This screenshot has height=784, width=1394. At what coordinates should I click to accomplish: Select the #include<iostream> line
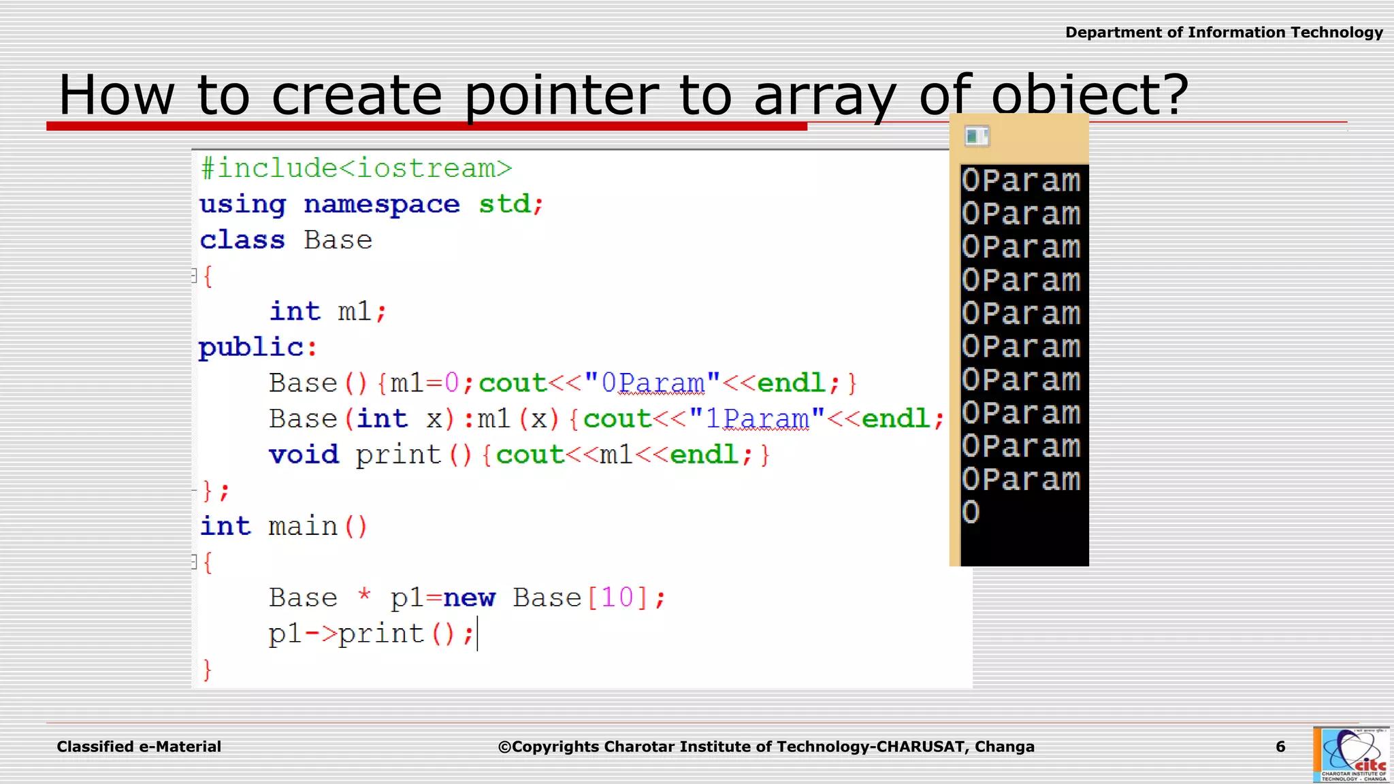pos(356,168)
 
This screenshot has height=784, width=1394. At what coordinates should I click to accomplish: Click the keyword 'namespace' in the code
pos(381,204)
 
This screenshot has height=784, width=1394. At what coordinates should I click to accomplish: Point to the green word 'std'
pos(504,203)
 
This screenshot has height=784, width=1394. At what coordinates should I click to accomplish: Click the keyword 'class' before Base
pos(242,240)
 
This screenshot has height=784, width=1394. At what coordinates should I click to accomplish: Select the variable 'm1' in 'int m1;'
pos(354,312)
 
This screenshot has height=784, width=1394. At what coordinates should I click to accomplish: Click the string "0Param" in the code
pos(652,383)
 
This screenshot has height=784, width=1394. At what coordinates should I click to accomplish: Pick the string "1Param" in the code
pos(757,419)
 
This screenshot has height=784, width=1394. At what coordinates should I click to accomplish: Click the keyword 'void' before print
pos(304,455)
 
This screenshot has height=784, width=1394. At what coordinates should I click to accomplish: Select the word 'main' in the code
pos(302,526)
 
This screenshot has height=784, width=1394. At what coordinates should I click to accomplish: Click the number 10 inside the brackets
pos(617,598)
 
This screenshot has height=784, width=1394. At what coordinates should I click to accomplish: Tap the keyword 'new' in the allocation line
pos(469,598)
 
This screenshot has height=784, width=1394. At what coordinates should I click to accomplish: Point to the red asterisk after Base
pos(364,595)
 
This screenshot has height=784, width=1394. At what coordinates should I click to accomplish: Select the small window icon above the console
pos(977,136)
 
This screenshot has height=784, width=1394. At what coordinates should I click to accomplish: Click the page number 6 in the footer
pos(1280,747)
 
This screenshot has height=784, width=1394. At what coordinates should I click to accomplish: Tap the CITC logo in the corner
pos(1351,755)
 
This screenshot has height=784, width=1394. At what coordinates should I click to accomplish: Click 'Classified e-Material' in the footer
pos(139,747)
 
